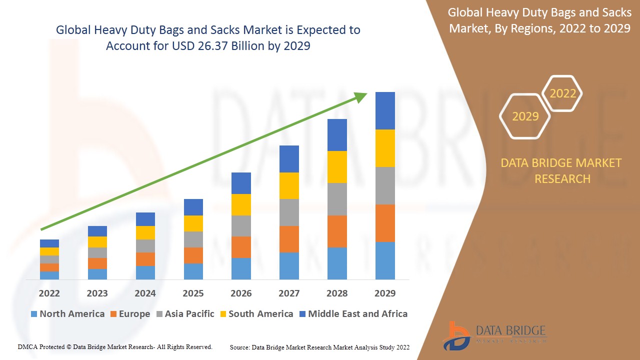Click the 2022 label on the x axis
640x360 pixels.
tap(49, 293)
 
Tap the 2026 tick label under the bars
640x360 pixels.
tap(241, 293)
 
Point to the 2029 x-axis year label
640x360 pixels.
tap(385, 293)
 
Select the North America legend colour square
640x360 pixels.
tap(34, 314)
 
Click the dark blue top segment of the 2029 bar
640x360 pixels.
tap(385, 110)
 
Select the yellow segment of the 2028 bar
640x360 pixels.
tap(337, 167)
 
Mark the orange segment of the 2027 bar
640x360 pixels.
tap(289, 239)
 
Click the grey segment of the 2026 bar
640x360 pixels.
tap(241, 226)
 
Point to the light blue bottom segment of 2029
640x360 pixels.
tap(385, 260)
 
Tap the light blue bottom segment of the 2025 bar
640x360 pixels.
tap(193, 271)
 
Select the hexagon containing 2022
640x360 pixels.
tap(563, 93)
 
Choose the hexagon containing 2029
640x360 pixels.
tap(525, 116)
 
